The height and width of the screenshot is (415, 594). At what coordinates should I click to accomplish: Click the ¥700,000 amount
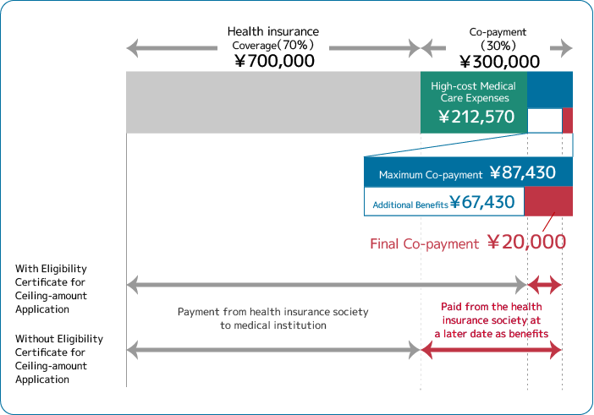[x=274, y=62]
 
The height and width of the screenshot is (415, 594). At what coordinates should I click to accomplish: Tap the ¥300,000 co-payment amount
[x=499, y=62]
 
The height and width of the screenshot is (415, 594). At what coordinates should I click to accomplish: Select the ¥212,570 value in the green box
[x=476, y=117]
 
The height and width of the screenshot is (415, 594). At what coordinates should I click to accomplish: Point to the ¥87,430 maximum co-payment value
[x=522, y=173]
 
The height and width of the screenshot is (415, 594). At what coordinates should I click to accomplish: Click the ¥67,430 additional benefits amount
[x=481, y=202]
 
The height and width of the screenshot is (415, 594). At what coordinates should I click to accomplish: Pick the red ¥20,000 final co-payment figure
[x=526, y=243]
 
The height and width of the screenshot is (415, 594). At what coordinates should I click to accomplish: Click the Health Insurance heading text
[x=275, y=31]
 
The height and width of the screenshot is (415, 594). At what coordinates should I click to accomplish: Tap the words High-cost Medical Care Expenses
[x=473, y=92]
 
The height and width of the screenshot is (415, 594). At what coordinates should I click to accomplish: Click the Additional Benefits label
[x=410, y=205]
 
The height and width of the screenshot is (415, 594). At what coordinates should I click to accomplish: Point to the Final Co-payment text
[x=424, y=243]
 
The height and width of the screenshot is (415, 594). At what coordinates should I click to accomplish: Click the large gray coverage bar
[x=272, y=102]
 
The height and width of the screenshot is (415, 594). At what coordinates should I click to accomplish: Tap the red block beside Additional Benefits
[x=548, y=201]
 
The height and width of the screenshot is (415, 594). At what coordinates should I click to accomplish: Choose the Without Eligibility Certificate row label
[x=58, y=358]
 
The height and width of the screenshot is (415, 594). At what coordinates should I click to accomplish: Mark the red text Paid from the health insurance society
[x=491, y=320]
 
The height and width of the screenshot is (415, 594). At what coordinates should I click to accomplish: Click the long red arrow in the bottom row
[x=491, y=350]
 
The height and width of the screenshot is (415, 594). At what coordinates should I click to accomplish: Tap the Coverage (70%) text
[x=273, y=46]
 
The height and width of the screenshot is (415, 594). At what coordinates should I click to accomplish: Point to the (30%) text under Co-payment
[x=498, y=46]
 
